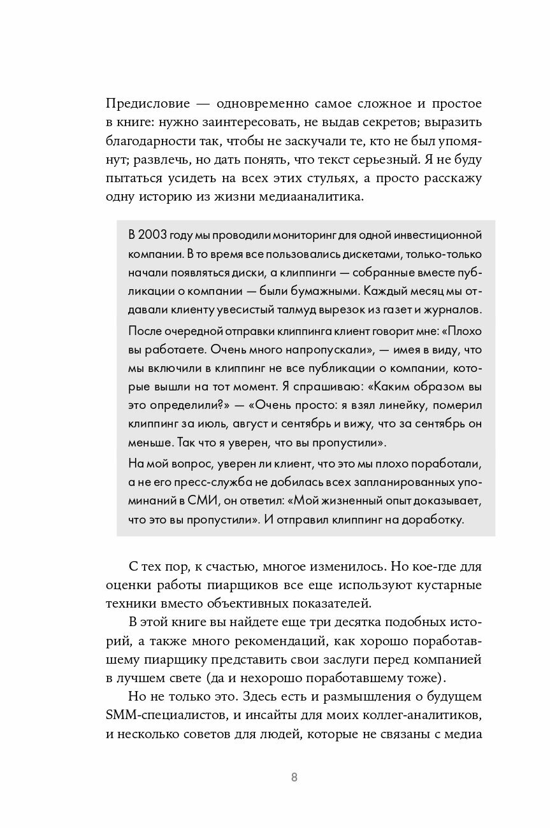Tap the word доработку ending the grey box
coord(433,519)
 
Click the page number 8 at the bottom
coord(294,778)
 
